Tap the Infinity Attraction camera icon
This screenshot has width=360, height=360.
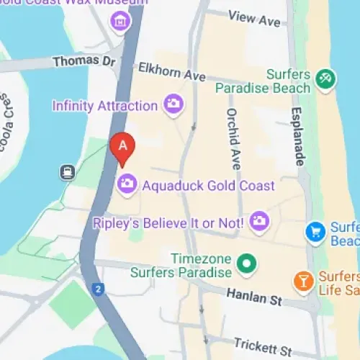pyautogui.click(x=173, y=104)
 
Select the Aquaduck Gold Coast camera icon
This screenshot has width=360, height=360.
pyautogui.click(x=127, y=184)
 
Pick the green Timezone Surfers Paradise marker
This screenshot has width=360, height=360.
pyautogui.click(x=247, y=264)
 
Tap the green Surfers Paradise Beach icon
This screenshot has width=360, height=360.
pyautogui.click(x=324, y=79)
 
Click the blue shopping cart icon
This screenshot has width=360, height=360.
pyautogui.click(x=315, y=232)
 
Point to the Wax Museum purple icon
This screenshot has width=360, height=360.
pyautogui.click(x=120, y=22)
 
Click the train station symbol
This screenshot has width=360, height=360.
pyautogui.click(x=67, y=171)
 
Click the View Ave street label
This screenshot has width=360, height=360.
pyautogui.click(x=253, y=19)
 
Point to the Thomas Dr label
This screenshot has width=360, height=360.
pyautogui.click(x=84, y=62)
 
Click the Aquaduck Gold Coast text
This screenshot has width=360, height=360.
pyautogui.click(x=209, y=186)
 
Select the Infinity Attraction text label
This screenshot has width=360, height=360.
pyautogui.click(x=104, y=106)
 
